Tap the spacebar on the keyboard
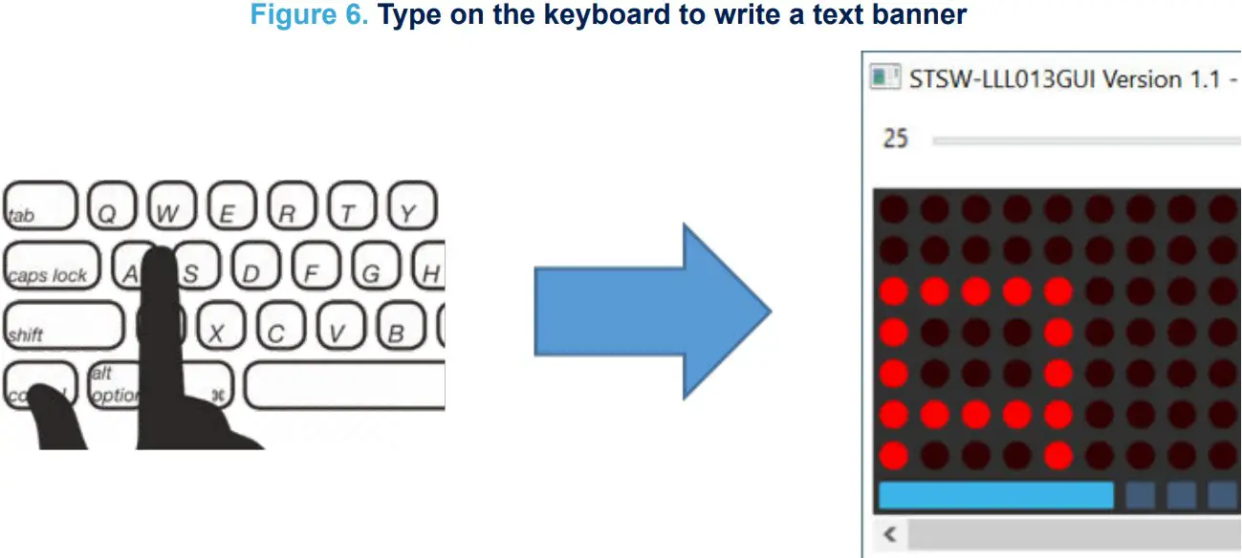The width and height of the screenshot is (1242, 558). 345,385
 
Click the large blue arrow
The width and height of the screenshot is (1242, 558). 651,311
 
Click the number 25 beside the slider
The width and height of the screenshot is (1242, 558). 895,139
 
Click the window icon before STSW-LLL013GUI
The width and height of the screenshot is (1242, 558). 884,77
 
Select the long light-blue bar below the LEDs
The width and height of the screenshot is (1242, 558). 995,495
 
